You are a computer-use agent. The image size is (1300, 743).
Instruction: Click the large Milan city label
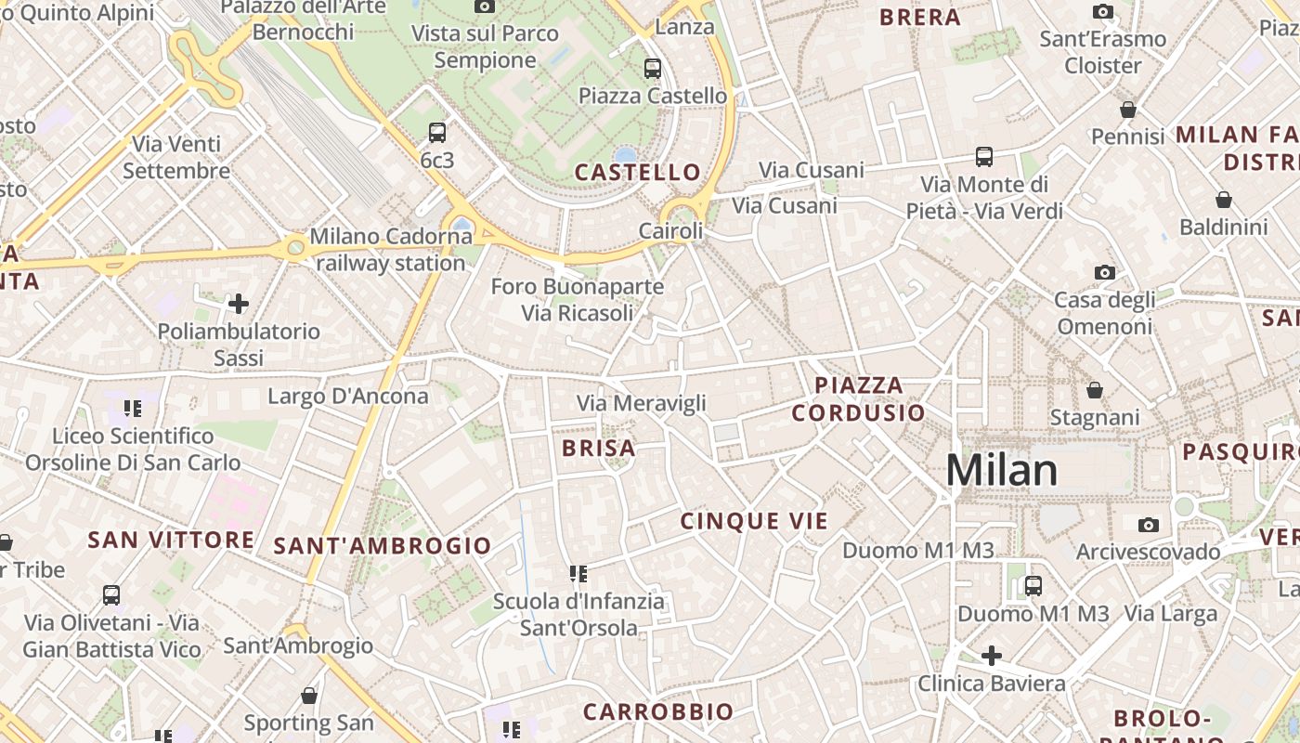click(x=1002, y=471)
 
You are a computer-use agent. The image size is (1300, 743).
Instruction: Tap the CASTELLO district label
click(x=637, y=172)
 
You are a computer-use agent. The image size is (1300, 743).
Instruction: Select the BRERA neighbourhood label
click(x=919, y=17)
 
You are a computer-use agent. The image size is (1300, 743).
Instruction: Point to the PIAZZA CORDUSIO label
click(x=858, y=398)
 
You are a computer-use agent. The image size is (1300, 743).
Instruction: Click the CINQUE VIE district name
click(x=753, y=521)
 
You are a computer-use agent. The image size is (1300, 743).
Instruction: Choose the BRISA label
click(x=599, y=449)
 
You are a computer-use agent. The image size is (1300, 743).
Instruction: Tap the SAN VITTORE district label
click(x=171, y=540)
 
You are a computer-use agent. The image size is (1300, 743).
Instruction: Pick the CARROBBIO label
click(x=657, y=712)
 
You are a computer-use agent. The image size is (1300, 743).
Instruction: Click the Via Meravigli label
click(x=642, y=403)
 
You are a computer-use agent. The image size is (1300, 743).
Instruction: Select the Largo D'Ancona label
click(x=348, y=397)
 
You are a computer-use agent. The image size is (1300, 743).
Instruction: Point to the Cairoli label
click(x=670, y=230)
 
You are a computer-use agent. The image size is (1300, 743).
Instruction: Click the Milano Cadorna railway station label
click(x=391, y=250)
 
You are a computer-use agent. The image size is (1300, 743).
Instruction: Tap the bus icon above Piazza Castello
click(x=653, y=68)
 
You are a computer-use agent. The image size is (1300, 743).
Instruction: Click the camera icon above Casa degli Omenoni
click(x=1104, y=272)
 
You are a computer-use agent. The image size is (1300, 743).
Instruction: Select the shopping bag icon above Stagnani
click(x=1095, y=390)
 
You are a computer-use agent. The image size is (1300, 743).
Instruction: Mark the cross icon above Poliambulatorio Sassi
click(x=239, y=303)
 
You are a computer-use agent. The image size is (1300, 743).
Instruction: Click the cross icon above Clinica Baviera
click(x=992, y=656)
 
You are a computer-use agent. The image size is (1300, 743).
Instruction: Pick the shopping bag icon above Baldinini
click(x=1224, y=200)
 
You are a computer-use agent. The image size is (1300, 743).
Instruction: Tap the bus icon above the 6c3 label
click(x=437, y=132)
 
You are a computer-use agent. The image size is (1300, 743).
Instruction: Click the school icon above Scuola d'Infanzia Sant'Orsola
click(x=578, y=573)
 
